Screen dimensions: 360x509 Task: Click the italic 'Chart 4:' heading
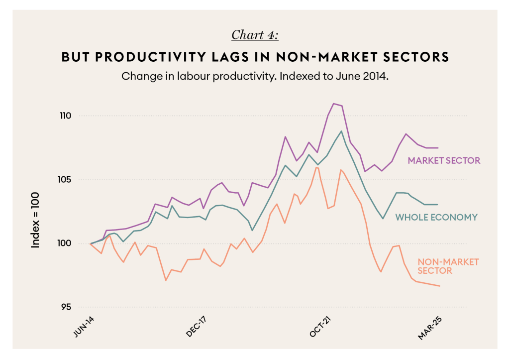[255, 35]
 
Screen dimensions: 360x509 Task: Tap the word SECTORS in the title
[416, 57]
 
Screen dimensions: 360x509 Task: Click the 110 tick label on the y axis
[66, 116]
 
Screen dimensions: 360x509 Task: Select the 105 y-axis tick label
[66, 180]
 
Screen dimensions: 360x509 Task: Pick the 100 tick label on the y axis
[66, 243]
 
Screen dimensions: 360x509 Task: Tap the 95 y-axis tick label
[68, 307]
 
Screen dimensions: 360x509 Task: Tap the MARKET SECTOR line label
[444, 161]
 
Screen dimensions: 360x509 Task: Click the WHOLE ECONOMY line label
[436, 217]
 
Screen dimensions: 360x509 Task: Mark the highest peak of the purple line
[333, 104]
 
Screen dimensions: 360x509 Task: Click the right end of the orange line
[439, 286]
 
